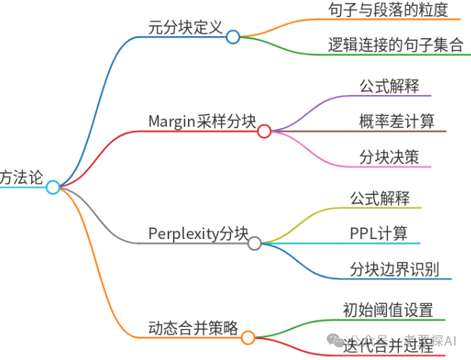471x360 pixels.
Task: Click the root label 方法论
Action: point(22,176)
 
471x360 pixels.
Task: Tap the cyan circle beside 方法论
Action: point(53,187)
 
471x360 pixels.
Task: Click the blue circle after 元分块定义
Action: point(233,37)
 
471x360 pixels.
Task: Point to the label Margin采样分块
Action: point(202,121)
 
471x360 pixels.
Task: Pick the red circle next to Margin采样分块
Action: point(264,131)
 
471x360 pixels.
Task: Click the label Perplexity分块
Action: point(198,233)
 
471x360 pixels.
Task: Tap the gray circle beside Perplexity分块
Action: point(254,243)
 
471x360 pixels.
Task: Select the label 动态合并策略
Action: point(193,327)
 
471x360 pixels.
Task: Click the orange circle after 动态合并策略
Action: point(248,337)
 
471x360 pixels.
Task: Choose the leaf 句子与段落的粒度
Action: point(387,11)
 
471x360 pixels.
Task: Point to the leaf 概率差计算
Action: point(396,121)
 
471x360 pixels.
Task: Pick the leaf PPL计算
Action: point(378,233)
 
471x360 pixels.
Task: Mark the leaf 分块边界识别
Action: point(395,269)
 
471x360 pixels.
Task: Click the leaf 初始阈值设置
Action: point(388,310)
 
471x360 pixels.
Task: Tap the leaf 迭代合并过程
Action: point(388,345)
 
